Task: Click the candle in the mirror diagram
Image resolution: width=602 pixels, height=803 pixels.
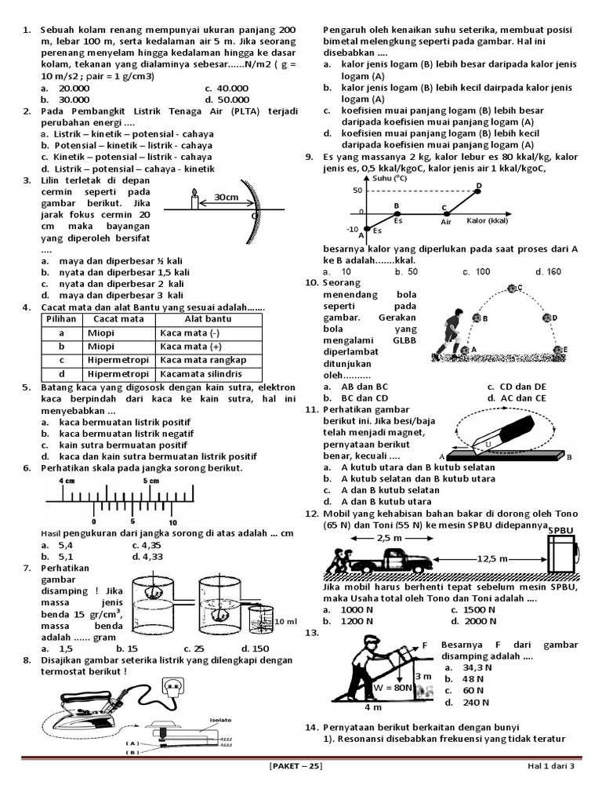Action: click(x=194, y=201)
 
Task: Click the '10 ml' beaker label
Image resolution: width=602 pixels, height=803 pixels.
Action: click(x=285, y=620)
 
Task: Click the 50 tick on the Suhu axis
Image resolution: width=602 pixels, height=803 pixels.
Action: click(x=358, y=190)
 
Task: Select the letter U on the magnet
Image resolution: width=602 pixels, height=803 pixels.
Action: click(x=488, y=444)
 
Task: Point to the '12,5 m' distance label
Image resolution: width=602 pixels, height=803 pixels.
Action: click(x=492, y=558)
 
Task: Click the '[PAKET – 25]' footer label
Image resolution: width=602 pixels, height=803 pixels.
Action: click(x=295, y=766)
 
